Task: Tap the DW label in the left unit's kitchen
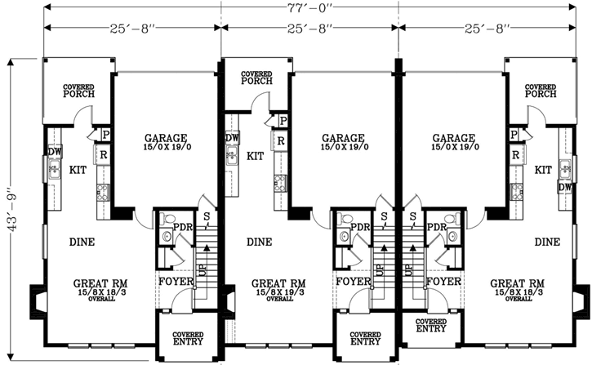[54, 151]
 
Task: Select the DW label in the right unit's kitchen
[564, 187]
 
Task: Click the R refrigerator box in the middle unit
[279, 140]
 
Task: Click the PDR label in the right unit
[437, 226]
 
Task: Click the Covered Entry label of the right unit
[431, 325]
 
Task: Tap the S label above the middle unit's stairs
[383, 216]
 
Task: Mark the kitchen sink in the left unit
[53, 170]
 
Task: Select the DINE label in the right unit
[547, 242]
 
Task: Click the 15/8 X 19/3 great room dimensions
[279, 292]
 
